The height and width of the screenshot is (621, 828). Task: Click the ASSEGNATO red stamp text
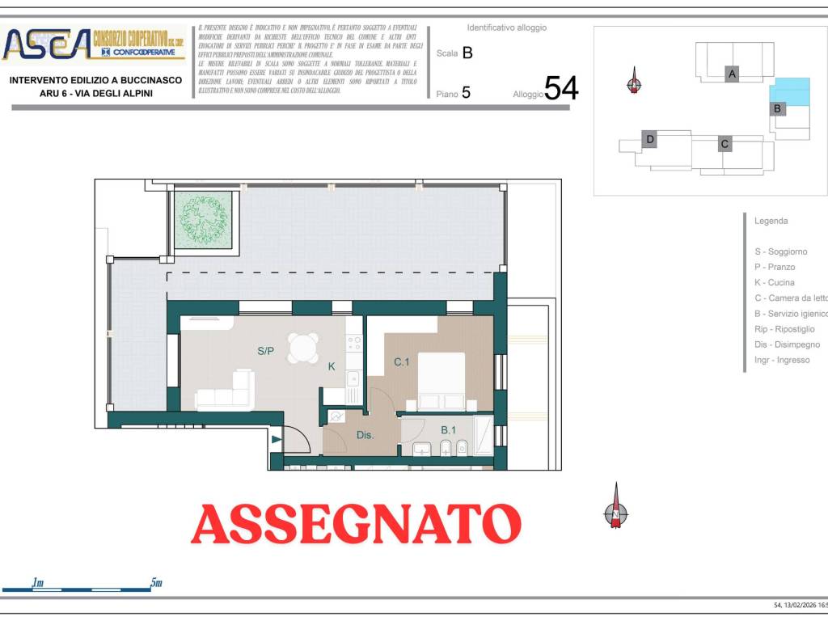click(x=356, y=524)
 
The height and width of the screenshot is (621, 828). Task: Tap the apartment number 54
click(x=561, y=88)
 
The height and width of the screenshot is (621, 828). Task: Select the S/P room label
click(x=266, y=351)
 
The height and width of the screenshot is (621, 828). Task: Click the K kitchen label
click(x=332, y=366)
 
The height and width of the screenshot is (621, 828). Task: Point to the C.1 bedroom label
click(x=402, y=362)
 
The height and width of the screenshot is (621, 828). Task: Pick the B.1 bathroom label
click(x=448, y=430)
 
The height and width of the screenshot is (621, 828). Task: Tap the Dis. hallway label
click(x=365, y=435)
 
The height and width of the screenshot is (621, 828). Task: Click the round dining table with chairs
click(x=304, y=349)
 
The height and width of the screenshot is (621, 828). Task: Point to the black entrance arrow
click(x=277, y=440)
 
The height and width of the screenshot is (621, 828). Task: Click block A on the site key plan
click(x=732, y=74)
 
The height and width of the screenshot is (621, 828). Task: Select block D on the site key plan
click(x=649, y=139)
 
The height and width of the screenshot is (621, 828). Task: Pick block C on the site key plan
click(x=725, y=144)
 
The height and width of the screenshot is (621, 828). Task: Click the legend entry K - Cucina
click(x=774, y=282)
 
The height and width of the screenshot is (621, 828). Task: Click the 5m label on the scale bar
click(x=156, y=582)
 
